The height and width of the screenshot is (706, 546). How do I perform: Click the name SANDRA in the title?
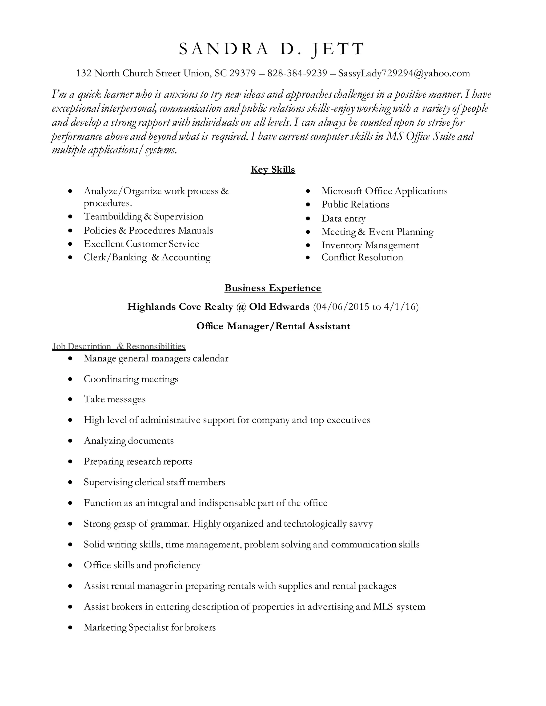coord(223,49)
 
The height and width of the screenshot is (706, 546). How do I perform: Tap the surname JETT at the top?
coord(338,49)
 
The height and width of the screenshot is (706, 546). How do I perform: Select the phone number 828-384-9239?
coord(297,73)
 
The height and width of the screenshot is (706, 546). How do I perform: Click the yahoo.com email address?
coord(404,73)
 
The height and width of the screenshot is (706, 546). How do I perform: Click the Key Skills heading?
coord(273,169)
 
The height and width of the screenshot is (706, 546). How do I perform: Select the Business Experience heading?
coord(273,288)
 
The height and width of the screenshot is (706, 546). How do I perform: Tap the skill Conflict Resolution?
coord(362,257)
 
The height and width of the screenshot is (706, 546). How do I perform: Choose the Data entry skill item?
coord(343,218)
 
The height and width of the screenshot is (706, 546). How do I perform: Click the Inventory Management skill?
coord(370,245)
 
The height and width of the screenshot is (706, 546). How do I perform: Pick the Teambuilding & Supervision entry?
coord(143,216)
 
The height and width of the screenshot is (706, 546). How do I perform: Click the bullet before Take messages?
coord(70,400)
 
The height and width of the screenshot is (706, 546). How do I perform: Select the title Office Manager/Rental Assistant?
coord(273,326)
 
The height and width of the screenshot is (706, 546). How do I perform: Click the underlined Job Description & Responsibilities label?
coord(119,346)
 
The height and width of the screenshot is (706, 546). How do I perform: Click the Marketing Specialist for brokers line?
coord(150,627)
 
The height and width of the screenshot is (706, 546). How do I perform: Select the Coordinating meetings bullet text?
coord(131,379)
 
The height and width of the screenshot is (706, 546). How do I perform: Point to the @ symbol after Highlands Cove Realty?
coord(241,306)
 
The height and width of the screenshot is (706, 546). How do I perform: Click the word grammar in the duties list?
coord(169,524)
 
